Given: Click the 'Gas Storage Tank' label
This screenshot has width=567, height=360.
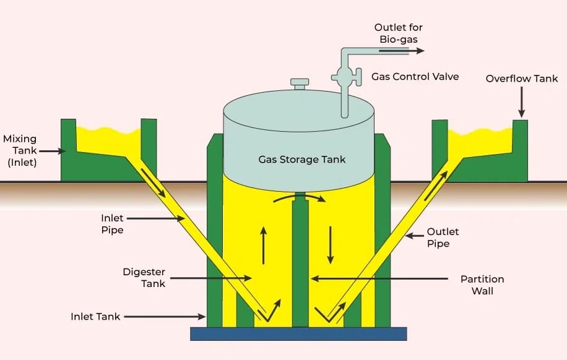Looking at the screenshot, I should (301, 160).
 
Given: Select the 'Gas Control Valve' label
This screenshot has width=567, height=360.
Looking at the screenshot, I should (415, 77).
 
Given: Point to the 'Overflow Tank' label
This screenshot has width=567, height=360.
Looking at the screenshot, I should (521, 79).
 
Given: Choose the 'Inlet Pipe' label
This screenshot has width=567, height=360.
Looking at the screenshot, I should (112, 224).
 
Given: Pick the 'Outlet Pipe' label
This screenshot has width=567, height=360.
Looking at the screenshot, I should (443, 238).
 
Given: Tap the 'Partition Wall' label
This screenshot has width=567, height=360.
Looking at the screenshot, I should (482, 285).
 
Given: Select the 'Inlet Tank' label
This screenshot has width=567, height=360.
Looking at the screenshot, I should (95, 317).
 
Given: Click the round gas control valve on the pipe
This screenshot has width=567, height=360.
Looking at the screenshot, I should (342, 77).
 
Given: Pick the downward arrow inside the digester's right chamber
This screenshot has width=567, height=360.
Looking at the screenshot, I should (331, 245).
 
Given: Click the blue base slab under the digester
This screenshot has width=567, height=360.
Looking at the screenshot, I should (298, 333).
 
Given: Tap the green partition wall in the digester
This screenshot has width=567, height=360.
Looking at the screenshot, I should (300, 266).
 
